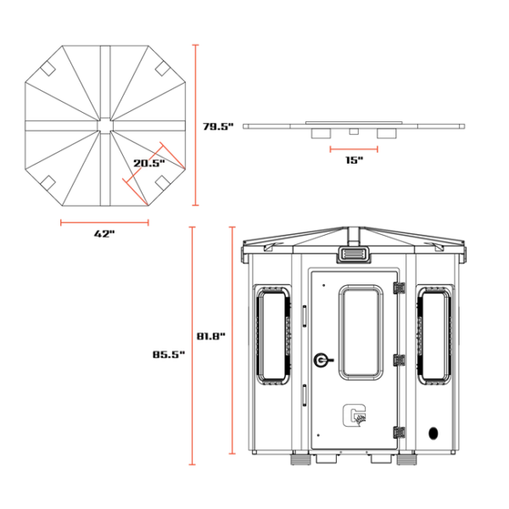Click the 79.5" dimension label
click(218, 126)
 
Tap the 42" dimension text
click(104, 233)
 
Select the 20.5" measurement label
click(149, 163)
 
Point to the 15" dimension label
click(354, 160)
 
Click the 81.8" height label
click(211, 336)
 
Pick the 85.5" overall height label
click(169, 355)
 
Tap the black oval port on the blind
click(433, 433)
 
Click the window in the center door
click(361, 333)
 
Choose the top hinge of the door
click(399, 288)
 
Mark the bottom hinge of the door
click(399, 433)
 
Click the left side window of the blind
click(273, 336)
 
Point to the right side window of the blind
click(434, 336)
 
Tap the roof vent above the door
click(354, 253)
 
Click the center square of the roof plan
click(105, 126)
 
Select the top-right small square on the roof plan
click(162, 69)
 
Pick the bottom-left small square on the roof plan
click(48, 183)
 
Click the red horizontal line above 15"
click(354, 149)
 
